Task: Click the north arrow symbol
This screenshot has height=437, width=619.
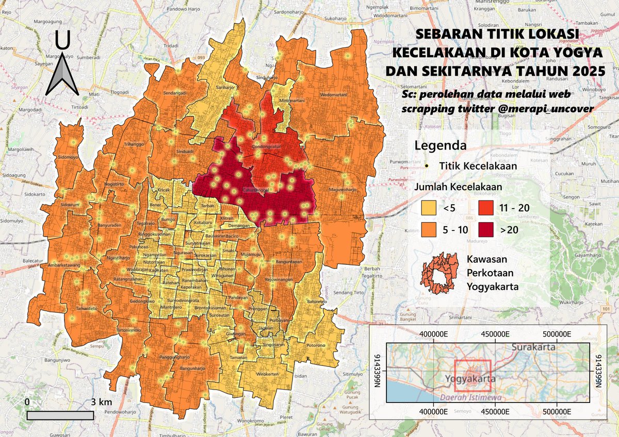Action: pos(62,67)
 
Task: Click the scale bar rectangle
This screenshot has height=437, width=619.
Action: pos(60,415)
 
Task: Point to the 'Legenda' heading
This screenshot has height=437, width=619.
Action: pos(441,145)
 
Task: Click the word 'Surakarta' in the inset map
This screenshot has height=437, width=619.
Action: pos(533,347)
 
